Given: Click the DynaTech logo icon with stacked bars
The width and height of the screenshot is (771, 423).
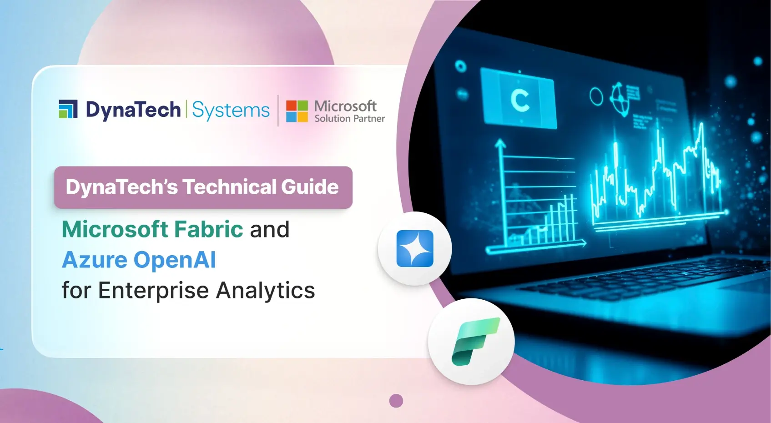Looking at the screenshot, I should point(68,109).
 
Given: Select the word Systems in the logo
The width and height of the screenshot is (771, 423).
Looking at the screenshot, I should point(231,111).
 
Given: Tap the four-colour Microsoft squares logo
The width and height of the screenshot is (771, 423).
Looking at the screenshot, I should point(297,111).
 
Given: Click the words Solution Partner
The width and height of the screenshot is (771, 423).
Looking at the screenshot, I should point(349,119).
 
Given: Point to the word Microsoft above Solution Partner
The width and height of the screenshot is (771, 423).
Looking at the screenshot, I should point(345,106).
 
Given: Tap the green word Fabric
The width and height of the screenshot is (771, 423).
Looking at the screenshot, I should point(209,229).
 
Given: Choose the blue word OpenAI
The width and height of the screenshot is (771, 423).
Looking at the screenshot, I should point(175,260).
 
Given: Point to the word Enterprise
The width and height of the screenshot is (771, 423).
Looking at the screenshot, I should point(153,290).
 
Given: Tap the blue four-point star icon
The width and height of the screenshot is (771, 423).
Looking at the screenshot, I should point(415,248).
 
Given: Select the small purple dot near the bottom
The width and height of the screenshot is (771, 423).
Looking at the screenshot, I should point(396,401).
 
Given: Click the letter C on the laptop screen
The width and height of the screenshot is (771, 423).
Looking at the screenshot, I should point(519,100).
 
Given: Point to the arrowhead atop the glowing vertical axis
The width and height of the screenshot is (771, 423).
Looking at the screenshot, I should point(501,144).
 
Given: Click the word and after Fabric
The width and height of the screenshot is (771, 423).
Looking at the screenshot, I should point(269,229).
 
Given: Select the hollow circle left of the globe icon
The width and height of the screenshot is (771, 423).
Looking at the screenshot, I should point(596,96).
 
